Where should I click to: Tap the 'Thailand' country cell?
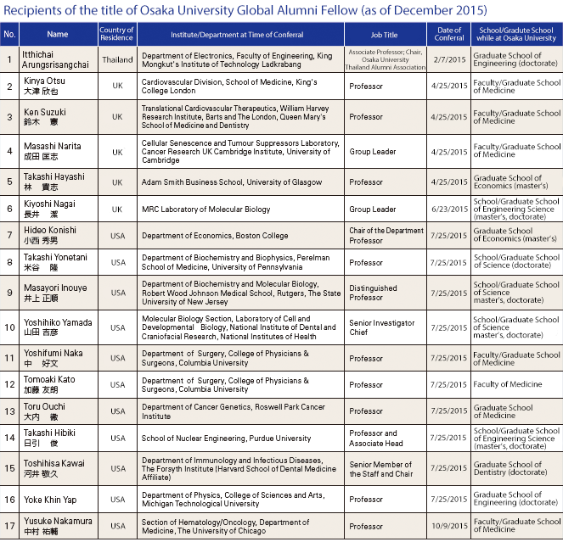point(117,60)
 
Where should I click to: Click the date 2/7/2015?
point(449,60)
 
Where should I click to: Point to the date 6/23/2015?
point(449,209)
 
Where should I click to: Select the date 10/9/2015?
point(449,526)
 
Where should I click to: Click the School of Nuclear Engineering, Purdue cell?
point(226,439)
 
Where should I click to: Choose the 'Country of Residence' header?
point(117,35)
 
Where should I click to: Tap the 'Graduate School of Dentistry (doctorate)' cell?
point(515,469)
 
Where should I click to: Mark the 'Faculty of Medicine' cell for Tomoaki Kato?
point(508,384)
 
